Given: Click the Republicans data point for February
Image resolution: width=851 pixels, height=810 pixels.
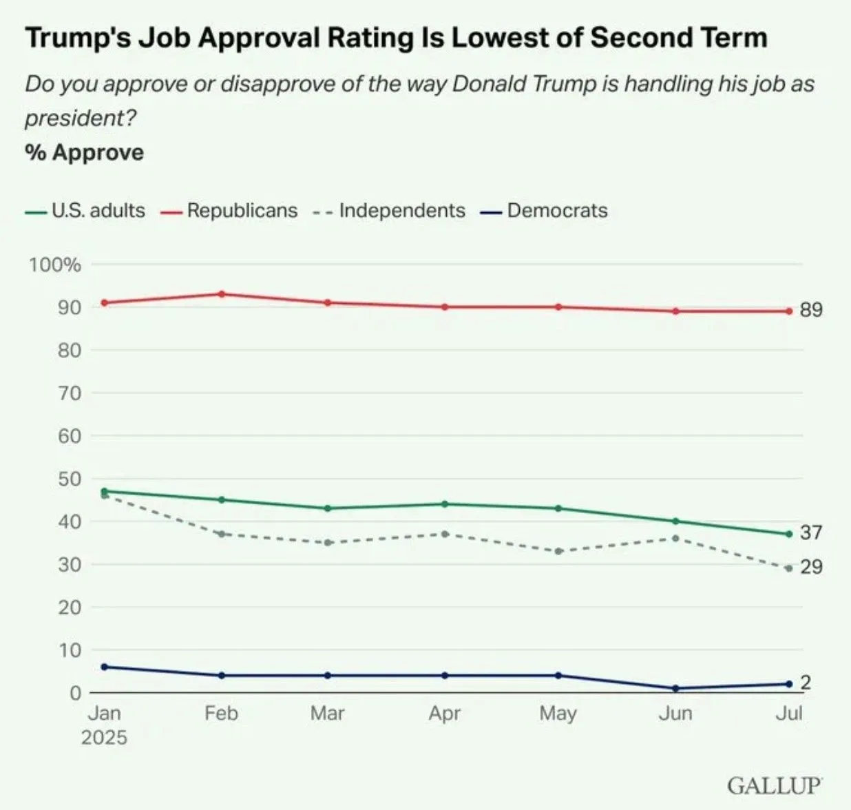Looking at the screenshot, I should click(221, 294).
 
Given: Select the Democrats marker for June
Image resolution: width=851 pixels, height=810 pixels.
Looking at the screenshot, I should click(675, 688).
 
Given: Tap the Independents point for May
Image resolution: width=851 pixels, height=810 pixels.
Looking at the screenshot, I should click(558, 551).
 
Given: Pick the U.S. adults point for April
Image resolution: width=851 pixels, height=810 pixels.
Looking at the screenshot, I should click(445, 504).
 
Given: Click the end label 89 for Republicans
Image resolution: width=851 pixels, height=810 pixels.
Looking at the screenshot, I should click(811, 310).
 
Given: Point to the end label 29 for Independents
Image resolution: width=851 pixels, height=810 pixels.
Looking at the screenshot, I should click(811, 567).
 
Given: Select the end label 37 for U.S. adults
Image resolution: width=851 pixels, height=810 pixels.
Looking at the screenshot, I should click(811, 532).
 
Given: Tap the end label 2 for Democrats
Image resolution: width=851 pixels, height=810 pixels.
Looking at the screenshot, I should click(806, 683).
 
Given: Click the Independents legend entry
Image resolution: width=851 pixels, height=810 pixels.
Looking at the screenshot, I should click(401, 211).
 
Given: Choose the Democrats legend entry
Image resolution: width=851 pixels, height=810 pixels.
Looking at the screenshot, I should click(556, 211).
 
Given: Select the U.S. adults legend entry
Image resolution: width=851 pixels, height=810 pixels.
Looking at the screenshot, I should click(98, 211).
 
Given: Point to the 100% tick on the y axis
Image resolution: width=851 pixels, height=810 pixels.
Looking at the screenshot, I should click(54, 264).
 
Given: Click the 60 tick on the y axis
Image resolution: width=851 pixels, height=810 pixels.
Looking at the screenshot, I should click(69, 436).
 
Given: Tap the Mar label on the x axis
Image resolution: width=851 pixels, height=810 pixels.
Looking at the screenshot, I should click(327, 713).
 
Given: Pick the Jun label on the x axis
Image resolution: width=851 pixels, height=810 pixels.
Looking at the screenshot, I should click(675, 713).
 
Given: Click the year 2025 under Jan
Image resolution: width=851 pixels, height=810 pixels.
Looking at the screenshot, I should click(104, 738).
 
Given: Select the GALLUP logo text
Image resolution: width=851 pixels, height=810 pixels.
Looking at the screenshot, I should click(775, 785).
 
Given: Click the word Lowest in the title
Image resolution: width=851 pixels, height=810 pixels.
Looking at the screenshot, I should click(516, 37).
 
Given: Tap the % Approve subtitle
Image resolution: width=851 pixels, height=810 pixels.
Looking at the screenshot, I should click(84, 152).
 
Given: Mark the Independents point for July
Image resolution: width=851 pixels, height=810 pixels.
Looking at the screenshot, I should click(789, 568).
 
